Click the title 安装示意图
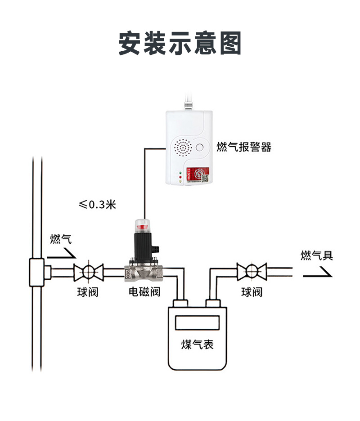pyautogui.click(x=180, y=44)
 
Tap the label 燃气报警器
pyautogui.click(x=244, y=147)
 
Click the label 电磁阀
pyautogui.click(x=144, y=292)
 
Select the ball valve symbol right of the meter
pyautogui.click(x=252, y=272)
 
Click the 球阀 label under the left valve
pyautogui.click(x=87, y=292)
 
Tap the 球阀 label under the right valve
pyautogui.click(x=252, y=292)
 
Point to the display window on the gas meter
pyautogui.click(x=197, y=322)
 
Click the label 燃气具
pyautogui.click(x=317, y=255)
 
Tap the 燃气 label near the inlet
pyautogui.click(x=61, y=239)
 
